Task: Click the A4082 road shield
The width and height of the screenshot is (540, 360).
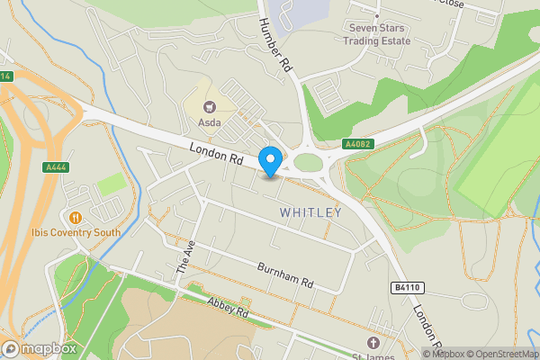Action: click(357, 143)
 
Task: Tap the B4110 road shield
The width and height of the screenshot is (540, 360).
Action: click(408, 287)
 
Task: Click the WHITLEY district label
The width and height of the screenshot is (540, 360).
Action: click(310, 212)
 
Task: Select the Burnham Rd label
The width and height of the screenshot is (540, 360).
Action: click(284, 274)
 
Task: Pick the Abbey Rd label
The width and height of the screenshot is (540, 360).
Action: click(226, 309)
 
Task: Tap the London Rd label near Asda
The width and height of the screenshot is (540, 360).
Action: click(217, 153)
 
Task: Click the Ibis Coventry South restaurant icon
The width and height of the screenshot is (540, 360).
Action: click(76, 217)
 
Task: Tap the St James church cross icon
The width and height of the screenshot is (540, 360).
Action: click(374, 343)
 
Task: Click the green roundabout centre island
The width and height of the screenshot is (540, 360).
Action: click(308, 162)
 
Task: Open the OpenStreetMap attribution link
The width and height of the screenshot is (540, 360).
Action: click(501, 354)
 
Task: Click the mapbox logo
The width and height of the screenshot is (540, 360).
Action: click(39, 348)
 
